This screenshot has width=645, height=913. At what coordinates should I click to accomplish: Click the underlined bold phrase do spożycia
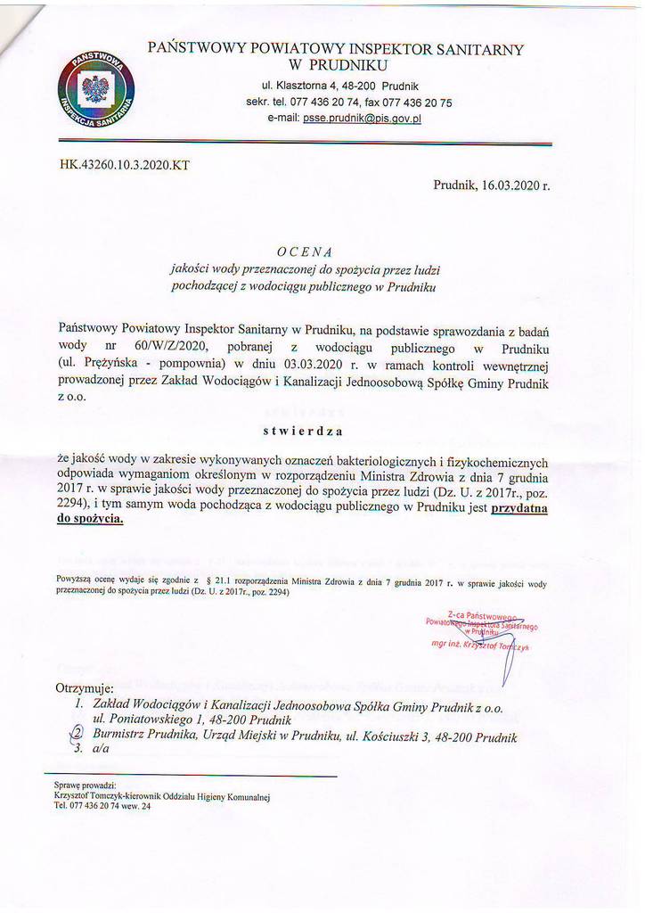click(90, 524)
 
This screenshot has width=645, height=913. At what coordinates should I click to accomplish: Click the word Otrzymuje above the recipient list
click(85, 688)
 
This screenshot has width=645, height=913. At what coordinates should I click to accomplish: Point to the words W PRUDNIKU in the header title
click(335, 64)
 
